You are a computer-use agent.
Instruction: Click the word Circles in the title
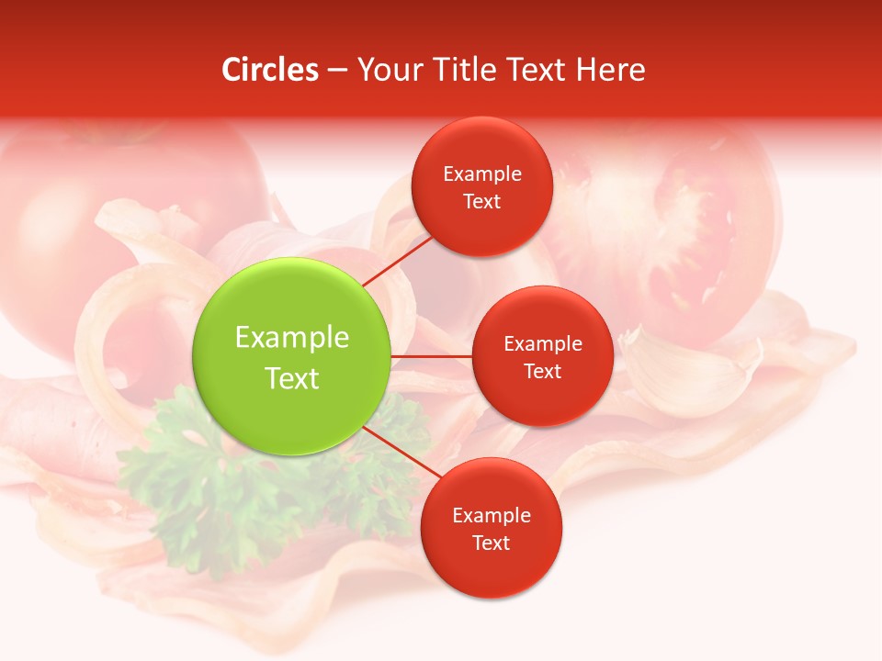pos(270,70)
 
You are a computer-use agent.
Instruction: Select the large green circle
pos(291,356)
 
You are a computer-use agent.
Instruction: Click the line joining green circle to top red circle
pos(398,260)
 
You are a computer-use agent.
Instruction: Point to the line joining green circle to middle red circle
pos(431,356)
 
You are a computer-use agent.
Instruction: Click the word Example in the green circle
pos(291,337)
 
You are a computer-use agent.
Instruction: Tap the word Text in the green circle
pos(291,378)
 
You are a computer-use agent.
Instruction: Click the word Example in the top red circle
pos(481,174)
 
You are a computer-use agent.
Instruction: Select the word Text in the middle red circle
pos(542,371)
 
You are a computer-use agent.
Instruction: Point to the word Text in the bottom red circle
pos(491,543)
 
